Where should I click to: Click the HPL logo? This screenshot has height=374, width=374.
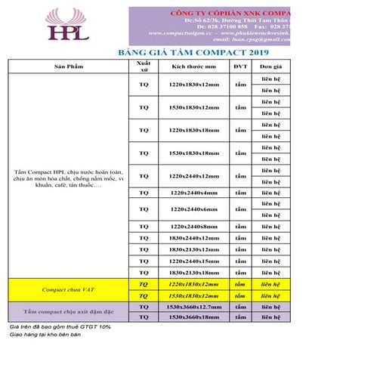(x=67, y=25)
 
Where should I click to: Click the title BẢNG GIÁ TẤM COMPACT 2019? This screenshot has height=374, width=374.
(x=194, y=54)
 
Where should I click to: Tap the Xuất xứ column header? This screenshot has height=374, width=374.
(x=144, y=67)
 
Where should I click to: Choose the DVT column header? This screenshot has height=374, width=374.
(x=240, y=67)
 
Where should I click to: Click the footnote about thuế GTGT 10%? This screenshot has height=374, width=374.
(x=60, y=326)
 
